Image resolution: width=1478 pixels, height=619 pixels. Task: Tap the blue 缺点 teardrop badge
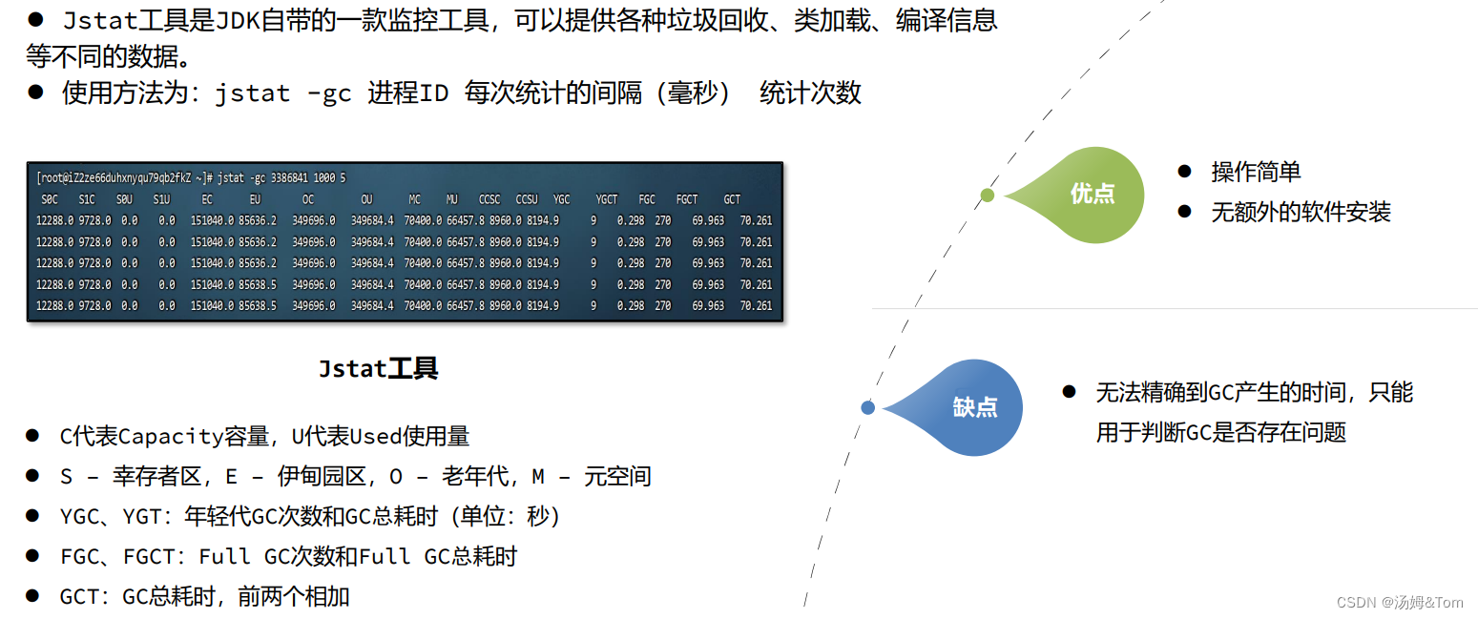(974, 407)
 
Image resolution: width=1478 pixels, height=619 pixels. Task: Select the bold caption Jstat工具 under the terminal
(379, 369)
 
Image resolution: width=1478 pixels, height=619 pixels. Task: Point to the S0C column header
(50, 199)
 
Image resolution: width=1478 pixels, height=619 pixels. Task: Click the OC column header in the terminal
(308, 199)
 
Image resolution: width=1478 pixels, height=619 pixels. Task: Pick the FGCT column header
(687, 199)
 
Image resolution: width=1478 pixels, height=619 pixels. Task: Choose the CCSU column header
(527, 199)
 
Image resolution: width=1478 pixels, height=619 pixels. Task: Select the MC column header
(414, 199)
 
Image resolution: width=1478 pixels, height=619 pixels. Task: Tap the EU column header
(255, 199)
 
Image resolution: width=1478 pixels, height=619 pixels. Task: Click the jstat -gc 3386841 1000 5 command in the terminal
(281, 178)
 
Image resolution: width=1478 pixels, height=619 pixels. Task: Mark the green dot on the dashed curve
(988, 195)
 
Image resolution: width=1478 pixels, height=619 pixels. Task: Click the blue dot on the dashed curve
(867, 407)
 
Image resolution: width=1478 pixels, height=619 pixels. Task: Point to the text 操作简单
(1256, 172)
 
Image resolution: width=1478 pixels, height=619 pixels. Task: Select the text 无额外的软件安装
(1301, 212)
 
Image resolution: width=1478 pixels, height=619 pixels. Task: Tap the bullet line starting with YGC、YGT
(310, 516)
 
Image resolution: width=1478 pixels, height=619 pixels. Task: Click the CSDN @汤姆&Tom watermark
(1400, 602)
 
